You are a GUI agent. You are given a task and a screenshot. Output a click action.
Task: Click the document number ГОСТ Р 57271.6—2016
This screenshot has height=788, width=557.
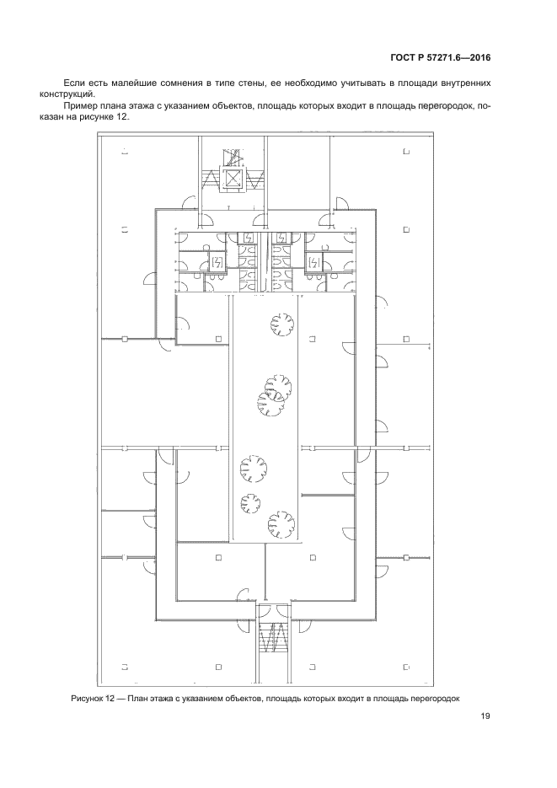coord(440,57)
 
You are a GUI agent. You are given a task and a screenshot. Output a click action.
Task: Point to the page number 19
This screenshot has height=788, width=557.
coord(485,716)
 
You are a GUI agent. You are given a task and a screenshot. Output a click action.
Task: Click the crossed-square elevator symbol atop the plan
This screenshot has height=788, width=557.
coord(232,178)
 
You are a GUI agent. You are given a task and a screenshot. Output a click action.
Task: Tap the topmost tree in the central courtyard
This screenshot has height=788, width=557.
coord(282,324)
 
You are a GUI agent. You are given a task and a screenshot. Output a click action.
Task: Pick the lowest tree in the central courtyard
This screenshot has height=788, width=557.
coord(281,525)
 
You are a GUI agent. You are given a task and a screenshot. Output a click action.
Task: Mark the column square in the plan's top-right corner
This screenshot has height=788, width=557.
coord(406,152)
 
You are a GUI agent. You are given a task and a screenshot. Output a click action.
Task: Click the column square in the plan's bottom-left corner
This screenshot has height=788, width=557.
coord(124,667)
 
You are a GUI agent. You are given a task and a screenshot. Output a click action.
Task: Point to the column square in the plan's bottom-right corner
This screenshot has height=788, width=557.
coord(406,667)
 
